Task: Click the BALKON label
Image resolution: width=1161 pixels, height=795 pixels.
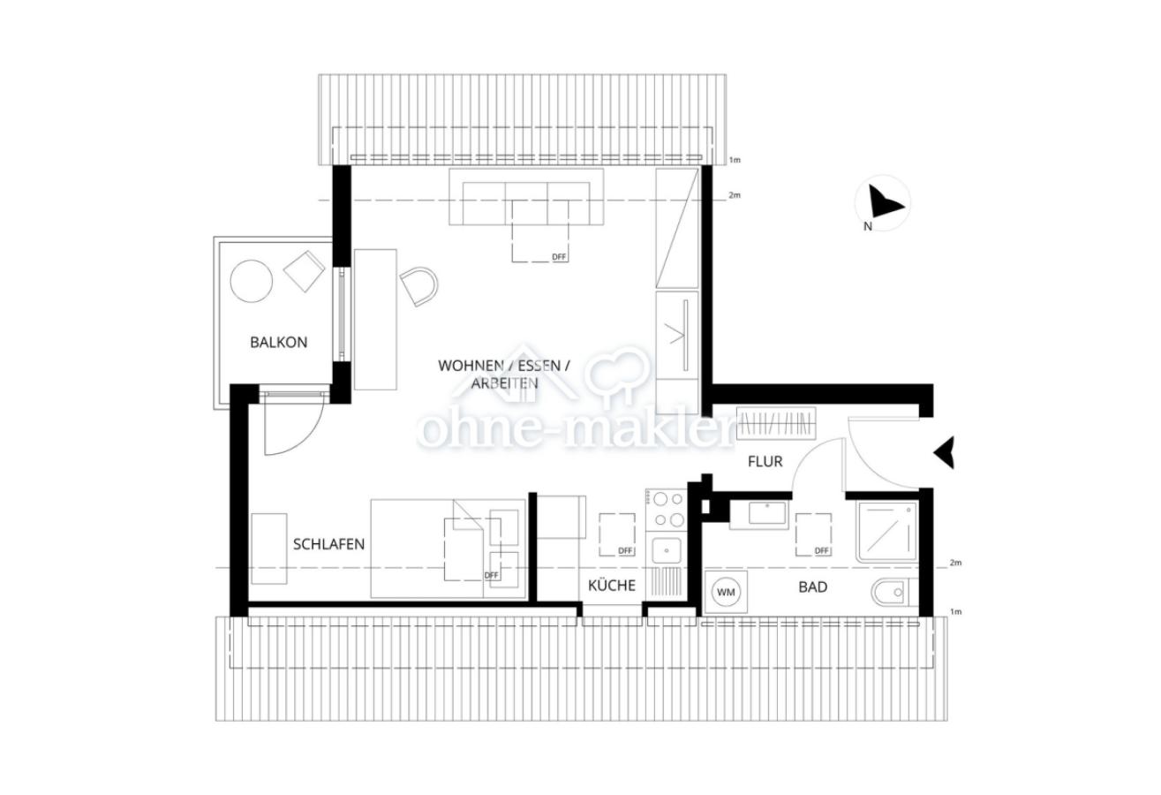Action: click(x=278, y=342)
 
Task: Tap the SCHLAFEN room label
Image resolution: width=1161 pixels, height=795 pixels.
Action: click(x=328, y=544)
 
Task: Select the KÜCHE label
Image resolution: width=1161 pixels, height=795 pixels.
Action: click(x=612, y=585)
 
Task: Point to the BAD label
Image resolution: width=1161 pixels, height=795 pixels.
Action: click(x=812, y=587)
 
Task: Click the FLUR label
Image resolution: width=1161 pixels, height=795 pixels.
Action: click(x=765, y=461)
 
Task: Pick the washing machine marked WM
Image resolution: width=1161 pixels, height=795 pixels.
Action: click(x=726, y=592)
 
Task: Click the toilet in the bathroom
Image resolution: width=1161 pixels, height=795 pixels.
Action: click(x=891, y=592)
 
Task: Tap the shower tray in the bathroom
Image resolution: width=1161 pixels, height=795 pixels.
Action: click(x=887, y=532)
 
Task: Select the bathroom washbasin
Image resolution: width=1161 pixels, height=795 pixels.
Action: click(x=759, y=514)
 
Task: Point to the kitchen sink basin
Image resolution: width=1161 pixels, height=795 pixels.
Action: click(x=665, y=550)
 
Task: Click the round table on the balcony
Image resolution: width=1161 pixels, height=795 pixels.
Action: click(x=251, y=281)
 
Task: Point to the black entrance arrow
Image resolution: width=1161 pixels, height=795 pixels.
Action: click(x=944, y=452)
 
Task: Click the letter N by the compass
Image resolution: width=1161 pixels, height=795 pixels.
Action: click(x=868, y=226)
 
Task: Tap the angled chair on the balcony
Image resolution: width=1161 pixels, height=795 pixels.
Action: click(x=305, y=270)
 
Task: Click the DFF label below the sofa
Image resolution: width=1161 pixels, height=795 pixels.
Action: click(x=559, y=257)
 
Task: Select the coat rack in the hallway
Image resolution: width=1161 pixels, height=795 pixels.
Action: click(x=778, y=423)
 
